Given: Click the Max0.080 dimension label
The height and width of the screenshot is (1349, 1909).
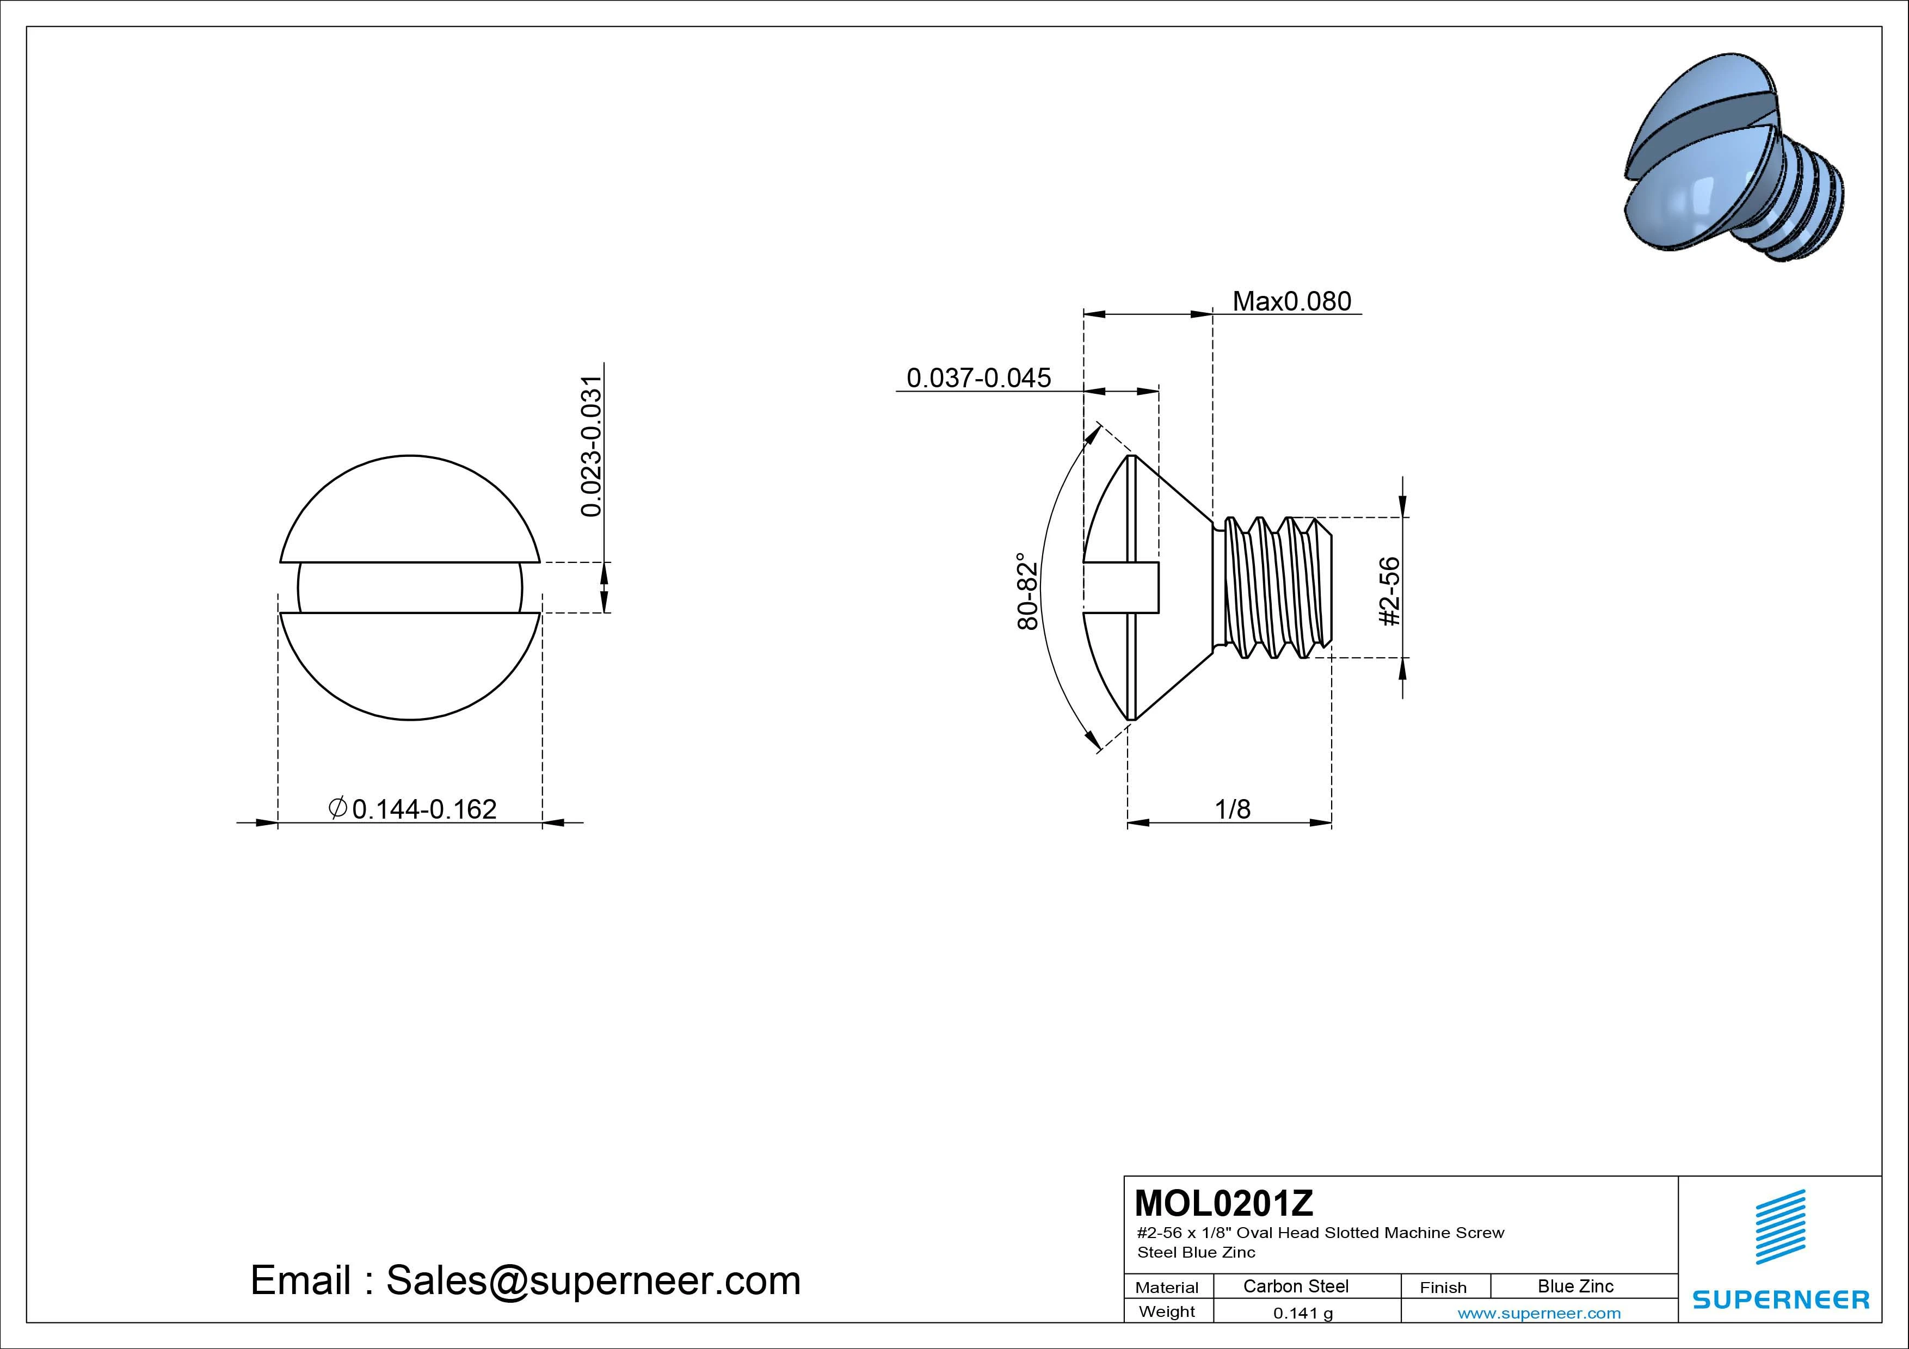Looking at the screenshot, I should tap(1291, 301).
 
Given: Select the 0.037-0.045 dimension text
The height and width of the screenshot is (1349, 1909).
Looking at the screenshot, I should tap(978, 378).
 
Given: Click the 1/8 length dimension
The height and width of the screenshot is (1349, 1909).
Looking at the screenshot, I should tap(1232, 809).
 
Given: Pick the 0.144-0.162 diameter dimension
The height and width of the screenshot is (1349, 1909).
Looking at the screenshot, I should tap(424, 809).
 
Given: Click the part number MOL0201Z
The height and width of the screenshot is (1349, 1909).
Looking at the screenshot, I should tap(1224, 1203).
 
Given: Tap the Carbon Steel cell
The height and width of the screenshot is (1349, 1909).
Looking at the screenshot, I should tap(1295, 1286).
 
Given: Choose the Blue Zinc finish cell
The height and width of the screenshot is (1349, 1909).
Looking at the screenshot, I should tap(1575, 1286).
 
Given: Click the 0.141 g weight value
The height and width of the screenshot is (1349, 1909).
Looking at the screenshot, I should tap(1303, 1313).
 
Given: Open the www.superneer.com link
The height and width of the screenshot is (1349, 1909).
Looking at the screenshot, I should tap(1539, 1313).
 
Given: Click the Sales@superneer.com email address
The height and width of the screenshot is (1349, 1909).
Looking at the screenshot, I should tap(593, 1281).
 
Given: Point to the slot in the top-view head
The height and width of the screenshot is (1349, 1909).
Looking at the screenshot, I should tap(410, 587).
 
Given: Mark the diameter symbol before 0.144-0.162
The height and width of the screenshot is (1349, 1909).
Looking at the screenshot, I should tap(337, 808).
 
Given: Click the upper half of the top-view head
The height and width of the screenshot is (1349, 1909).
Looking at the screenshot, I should tap(410, 507).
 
